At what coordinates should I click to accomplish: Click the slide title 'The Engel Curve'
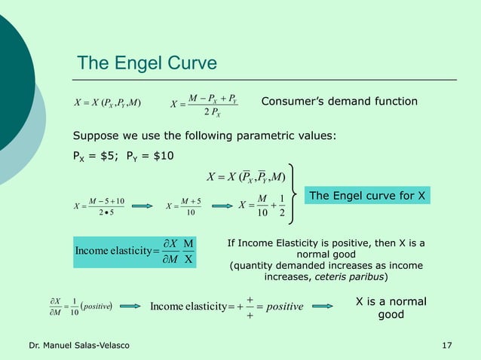tap(147, 62)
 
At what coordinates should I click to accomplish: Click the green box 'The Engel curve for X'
tap(368, 197)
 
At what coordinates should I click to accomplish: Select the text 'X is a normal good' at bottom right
tap(391, 307)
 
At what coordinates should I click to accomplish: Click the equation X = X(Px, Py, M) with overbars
tap(246, 177)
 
